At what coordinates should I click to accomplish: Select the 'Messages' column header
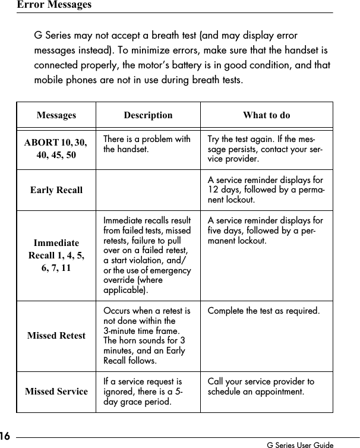pos(56,115)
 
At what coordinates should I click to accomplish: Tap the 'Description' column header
pos(148,115)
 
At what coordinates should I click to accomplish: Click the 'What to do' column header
pos(266,115)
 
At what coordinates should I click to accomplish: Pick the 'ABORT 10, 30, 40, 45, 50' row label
pos(56,149)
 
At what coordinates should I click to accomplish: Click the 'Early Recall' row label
pos(56,190)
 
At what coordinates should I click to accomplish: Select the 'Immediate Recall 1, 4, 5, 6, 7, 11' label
pos(56,256)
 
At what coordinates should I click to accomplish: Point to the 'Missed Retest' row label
pos(56,336)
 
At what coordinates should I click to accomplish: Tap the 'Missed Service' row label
pos(56,392)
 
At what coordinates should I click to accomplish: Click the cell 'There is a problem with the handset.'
pos(147,144)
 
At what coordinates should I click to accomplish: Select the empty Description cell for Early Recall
pos(148,190)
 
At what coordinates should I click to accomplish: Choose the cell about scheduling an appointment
pos(261,386)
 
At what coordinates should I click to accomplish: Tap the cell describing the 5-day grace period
pos(143,392)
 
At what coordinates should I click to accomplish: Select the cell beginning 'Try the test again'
pos(265,149)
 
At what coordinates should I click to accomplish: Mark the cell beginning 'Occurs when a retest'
pos(147,336)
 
